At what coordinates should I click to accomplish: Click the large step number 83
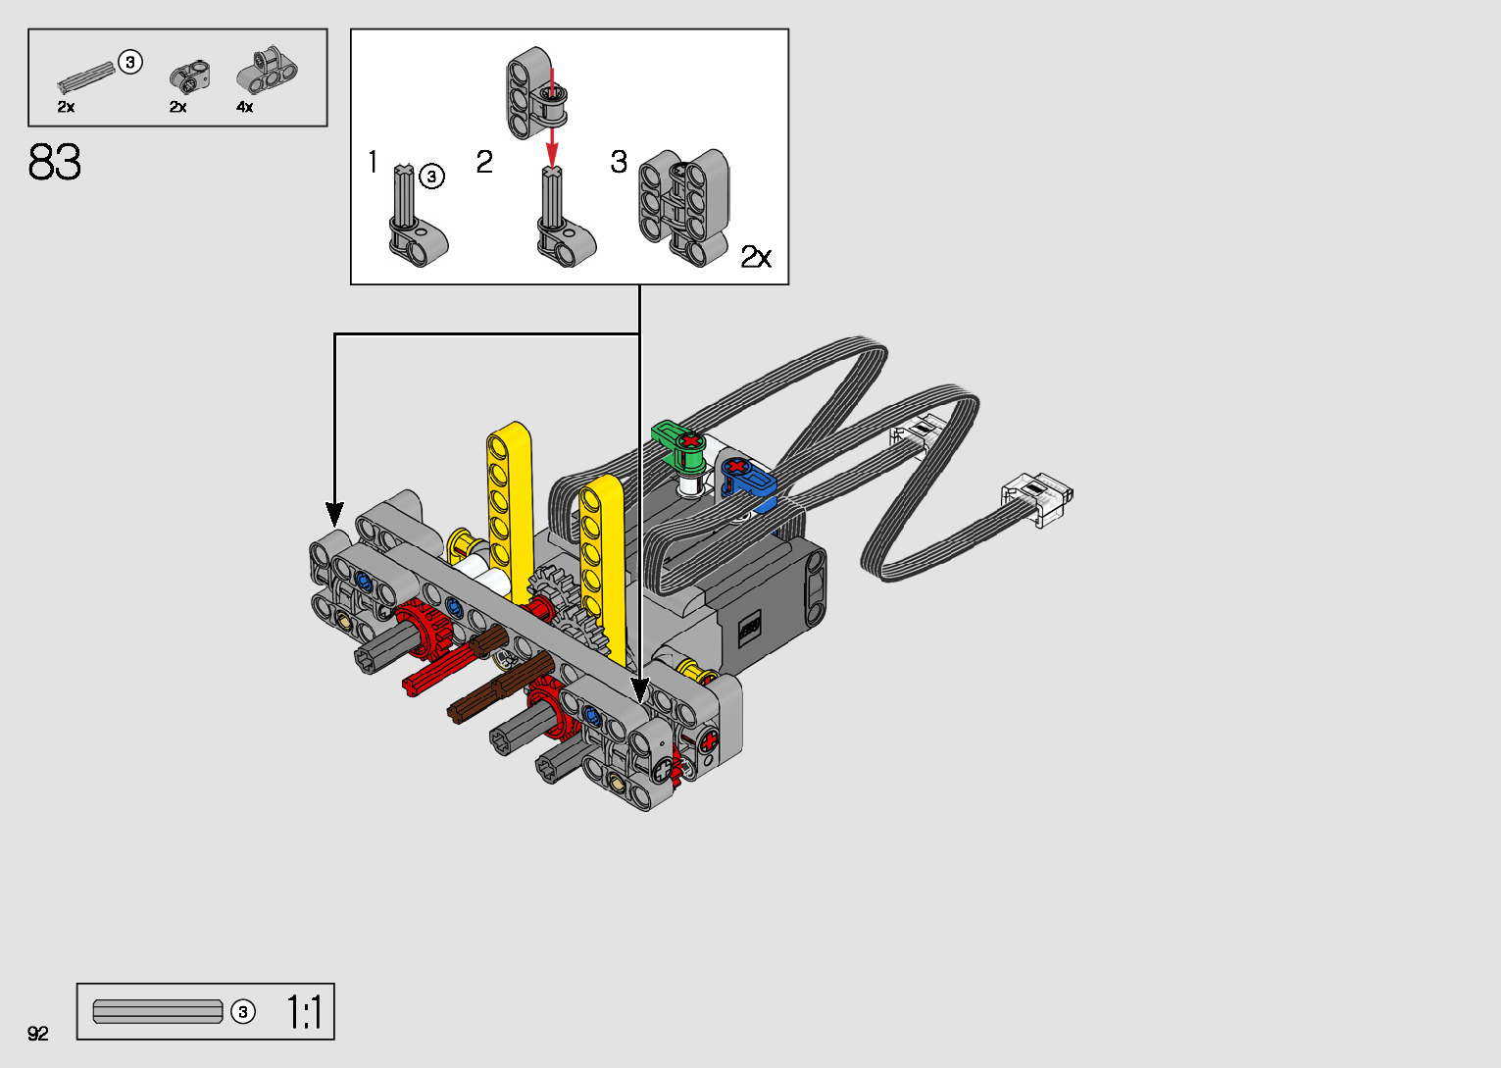click(54, 162)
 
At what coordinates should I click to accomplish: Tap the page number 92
click(37, 1033)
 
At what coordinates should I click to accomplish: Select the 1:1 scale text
click(305, 1012)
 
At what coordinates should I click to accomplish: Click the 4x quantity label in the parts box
click(244, 107)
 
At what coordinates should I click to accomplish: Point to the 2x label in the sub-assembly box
click(756, 257)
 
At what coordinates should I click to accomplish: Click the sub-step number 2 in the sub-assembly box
click(484, 162)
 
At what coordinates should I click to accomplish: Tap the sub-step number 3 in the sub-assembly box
click(619, 162)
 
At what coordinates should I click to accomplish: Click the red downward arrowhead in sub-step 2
click(552, 158)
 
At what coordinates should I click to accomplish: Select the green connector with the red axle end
click(678, 444)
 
